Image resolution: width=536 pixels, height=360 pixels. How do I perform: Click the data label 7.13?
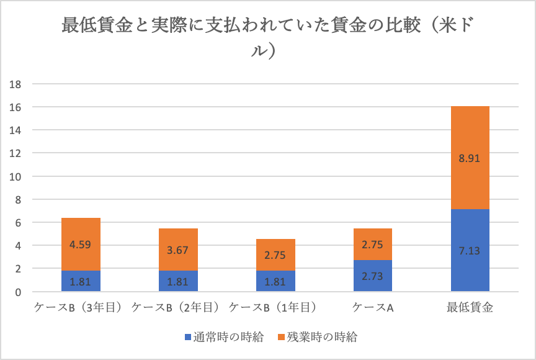470,250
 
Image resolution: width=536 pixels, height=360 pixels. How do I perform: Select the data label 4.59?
81,245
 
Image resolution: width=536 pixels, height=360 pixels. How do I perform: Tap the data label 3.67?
178,250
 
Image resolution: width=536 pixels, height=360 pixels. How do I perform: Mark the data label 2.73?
372,276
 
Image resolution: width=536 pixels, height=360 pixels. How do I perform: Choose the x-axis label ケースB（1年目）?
274,307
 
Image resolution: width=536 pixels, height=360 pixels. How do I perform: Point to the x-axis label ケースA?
373,307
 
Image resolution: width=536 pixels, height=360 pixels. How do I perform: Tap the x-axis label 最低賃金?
470,307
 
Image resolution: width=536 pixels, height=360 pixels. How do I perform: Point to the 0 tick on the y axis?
18,292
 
